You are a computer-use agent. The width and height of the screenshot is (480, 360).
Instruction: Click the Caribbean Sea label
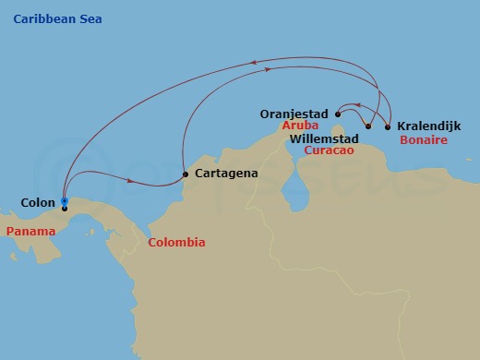tap(57, 19)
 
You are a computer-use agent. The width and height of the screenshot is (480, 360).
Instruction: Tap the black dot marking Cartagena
tap(186, 174)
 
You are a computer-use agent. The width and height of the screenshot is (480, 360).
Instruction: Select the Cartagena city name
tap(225, 173)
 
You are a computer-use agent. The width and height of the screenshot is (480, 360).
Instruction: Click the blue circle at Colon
tap(64, 200)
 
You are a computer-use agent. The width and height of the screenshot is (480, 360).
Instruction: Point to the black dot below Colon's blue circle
tap(64, 209)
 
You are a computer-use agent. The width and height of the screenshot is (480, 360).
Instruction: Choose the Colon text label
tap(37, 202)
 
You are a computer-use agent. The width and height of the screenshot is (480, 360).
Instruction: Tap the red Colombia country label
tap(176, 243)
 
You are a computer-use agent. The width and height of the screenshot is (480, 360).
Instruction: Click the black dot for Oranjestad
tap(338, 114)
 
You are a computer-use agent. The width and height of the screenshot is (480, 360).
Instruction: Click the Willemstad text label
tap(323, 138)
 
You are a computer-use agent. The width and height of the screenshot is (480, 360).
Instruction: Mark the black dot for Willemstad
tap(368, 126)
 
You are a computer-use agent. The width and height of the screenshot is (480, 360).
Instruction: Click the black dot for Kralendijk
tap(387, 126)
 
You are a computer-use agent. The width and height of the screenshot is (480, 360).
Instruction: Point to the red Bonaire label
tap(425, 140)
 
